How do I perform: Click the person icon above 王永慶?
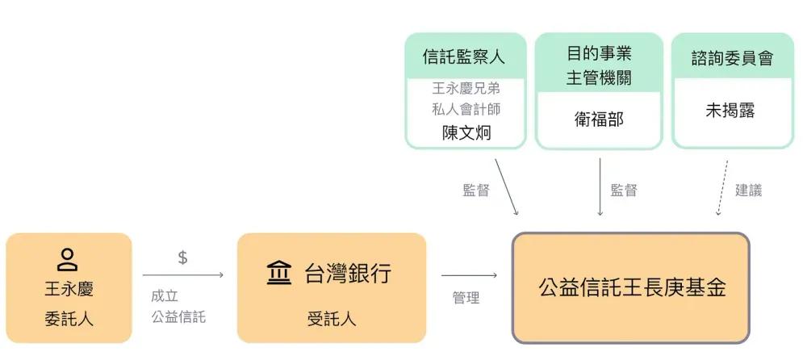[68, 260]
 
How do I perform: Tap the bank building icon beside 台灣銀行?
[279, 273]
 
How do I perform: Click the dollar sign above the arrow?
[182, 257]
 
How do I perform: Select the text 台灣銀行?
[349, 273]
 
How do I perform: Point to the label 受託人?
[332, 320]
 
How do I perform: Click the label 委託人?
[69, 320]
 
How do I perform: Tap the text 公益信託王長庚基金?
[633, 287]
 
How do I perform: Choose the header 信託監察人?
[464, 57]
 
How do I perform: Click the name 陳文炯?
[466, 133]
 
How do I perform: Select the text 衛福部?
[599, 119]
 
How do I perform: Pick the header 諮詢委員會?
[733, 58]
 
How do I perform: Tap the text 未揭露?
[731, 111]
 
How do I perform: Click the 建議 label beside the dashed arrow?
[748, 190]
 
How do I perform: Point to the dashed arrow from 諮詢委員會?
[722, 187]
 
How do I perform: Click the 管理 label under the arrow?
[466, 297]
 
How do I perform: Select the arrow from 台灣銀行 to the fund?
[470, 275]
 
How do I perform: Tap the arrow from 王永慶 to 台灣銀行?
[183, 275]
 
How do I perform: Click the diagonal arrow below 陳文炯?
[507, 187]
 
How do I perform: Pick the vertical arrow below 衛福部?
[600, 187]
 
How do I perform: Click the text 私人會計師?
[466, 109]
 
